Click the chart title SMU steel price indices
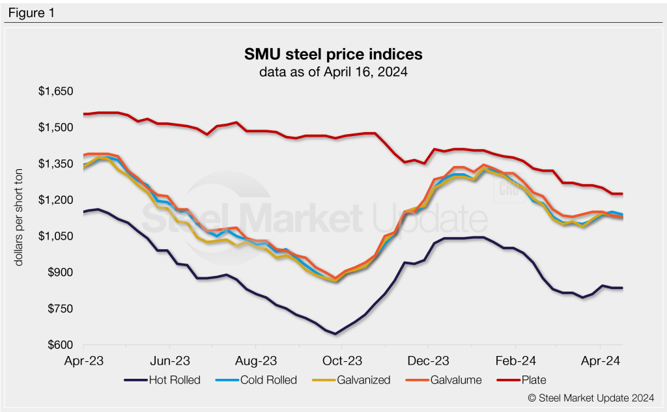[333, 54]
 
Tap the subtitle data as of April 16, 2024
[333, 72]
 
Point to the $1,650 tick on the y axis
[55, 91]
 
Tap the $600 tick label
[59, 345]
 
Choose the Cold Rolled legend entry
[261, 380]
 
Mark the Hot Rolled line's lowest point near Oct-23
[335, 334]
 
